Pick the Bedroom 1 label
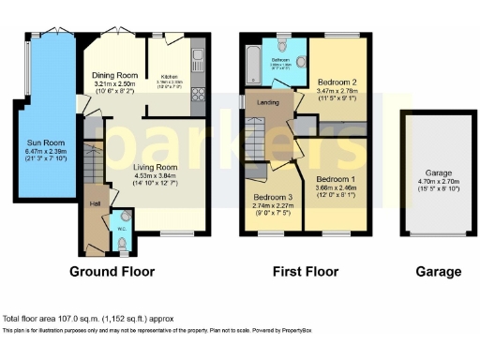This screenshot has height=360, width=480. coord(334,179)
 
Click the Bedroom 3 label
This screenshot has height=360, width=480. coord(273,197)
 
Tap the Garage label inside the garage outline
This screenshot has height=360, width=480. coord(433,172)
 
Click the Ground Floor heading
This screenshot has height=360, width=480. coord(112,272)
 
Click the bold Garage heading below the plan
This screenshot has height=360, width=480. coord(438,272)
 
